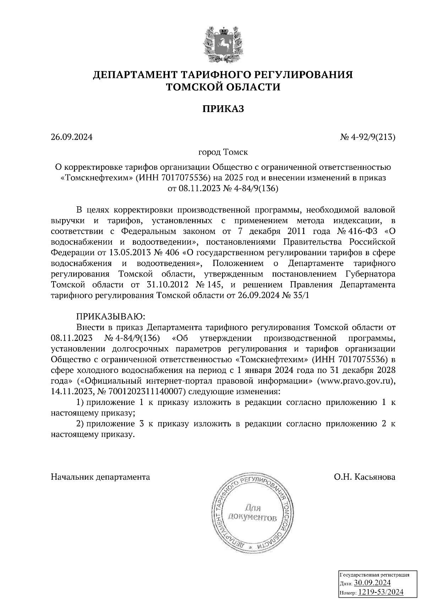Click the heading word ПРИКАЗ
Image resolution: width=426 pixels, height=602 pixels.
223,109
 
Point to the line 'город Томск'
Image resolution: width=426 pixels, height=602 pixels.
223,152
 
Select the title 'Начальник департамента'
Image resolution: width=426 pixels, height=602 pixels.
100,477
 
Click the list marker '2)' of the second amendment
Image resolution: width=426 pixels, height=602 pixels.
81,424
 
